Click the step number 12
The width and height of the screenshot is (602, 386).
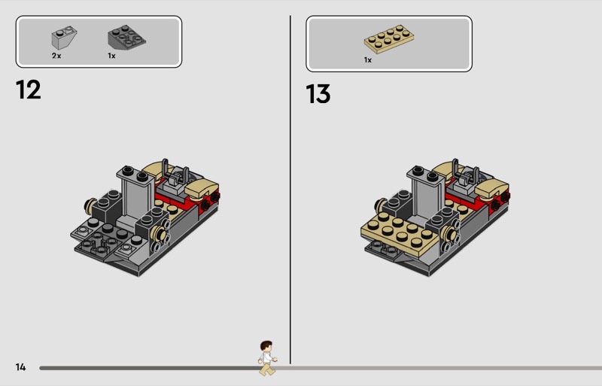29,90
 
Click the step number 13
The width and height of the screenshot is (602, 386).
318,94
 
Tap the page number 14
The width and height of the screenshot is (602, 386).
21,367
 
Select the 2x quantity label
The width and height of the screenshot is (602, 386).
56,56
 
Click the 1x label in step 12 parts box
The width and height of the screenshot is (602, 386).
111,56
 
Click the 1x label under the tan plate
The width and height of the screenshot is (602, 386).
368,60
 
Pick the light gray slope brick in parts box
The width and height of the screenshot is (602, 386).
64,38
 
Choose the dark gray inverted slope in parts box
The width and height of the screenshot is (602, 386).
126,38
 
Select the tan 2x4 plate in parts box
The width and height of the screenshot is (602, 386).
389,39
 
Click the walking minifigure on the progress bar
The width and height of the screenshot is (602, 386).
267,358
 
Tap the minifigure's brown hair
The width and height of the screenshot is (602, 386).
266,345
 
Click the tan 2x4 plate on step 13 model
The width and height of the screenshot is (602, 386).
400,232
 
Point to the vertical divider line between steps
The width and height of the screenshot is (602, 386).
290,190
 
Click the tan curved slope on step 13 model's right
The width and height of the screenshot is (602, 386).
491,188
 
